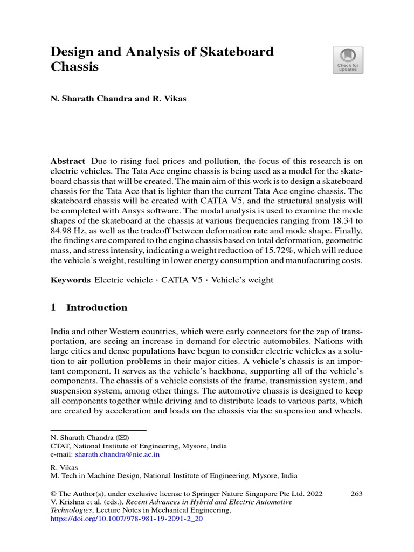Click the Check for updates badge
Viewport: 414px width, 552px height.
click(x=348, y=60)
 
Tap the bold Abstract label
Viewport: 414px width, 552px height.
click(x=68, y=161)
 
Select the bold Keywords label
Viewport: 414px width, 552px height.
click(x=70, y=280)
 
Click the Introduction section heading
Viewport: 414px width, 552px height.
click(x=96, y=308)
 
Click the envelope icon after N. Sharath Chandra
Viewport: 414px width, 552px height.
click(x=123, y=438)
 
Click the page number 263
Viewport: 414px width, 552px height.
click(x=356, y=493)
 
